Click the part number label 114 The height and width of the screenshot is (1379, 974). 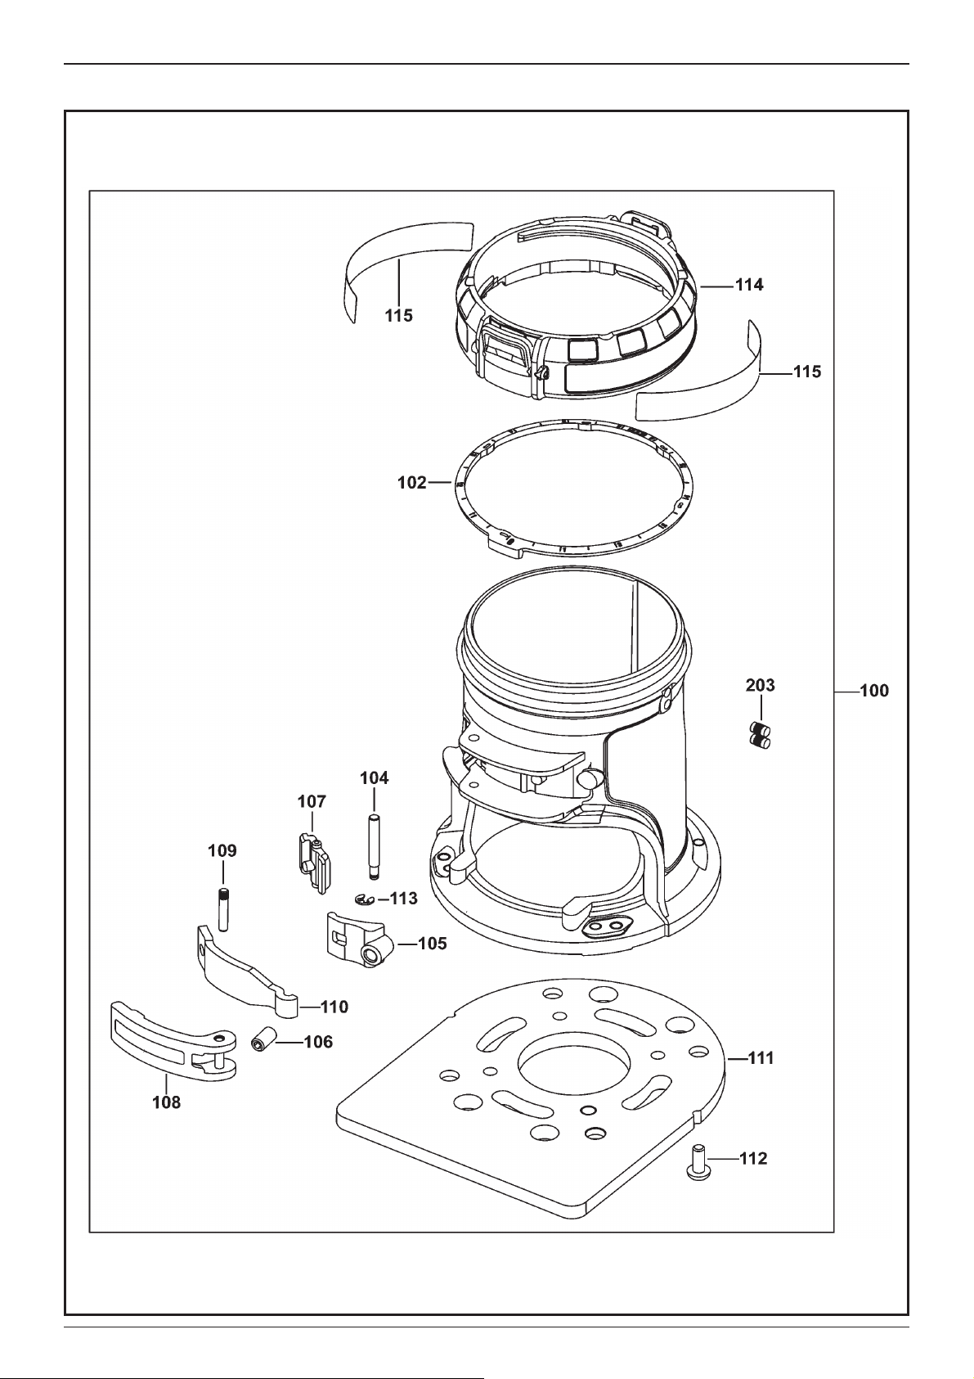tap(749, 285)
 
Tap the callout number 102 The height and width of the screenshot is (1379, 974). tap(411, 484)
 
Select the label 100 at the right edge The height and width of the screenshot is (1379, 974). tap(874, 692)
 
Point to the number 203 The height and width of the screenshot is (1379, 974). tap(761, 685)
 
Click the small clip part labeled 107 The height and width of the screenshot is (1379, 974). tap(315, 861)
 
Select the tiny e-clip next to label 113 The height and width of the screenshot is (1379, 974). tap(365, 900)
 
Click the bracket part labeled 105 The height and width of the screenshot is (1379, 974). tap(357, 940)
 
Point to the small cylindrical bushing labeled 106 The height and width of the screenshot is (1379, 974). tap(262, 1041)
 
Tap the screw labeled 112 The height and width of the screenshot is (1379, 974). tap(699, 1160)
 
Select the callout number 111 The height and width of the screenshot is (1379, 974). tap(761, 1058)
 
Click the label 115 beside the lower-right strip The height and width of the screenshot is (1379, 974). tap(807, 372)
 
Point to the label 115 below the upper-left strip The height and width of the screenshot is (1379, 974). tap(399, 316)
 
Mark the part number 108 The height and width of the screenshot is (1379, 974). tap(167, 1102)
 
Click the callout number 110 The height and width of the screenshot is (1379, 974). tap(334, 1007)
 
